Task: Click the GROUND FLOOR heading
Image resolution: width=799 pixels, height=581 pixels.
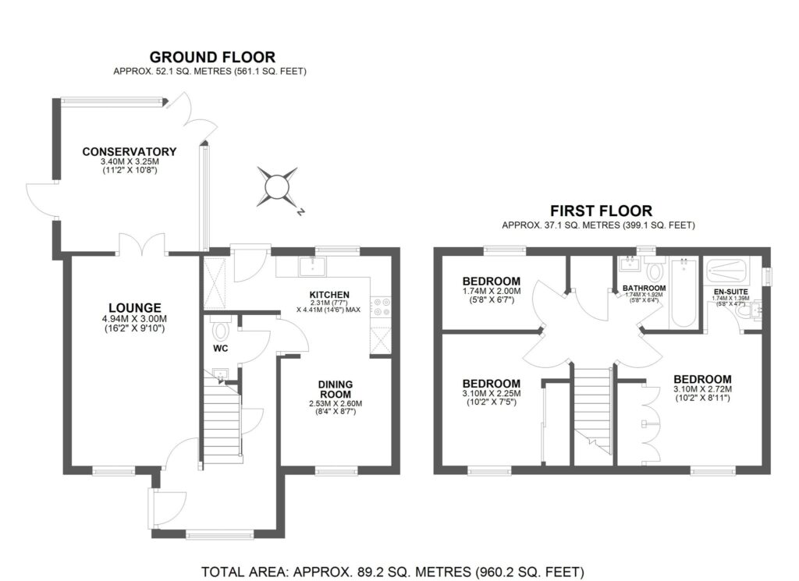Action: click(212, 56)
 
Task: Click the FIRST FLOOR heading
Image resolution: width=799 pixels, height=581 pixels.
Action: click(601, 210)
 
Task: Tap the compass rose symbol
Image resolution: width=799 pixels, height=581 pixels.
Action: click(277, 188)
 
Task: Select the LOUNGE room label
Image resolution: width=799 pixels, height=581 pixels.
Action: click(135, 307)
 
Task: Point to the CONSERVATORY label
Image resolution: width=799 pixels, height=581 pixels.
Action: click(130, 151)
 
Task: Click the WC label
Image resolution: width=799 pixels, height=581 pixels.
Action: click(220, 348)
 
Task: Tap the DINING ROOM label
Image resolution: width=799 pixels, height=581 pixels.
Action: click(336, 388)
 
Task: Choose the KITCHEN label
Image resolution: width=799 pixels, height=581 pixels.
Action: click(329, 294)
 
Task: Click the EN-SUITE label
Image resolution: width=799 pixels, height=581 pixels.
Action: click(732, 291)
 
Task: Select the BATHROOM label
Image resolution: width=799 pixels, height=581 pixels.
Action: click(644, 289)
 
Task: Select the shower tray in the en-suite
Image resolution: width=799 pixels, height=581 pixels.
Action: click(731, 272)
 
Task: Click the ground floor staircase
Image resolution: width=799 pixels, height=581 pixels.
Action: click(219, 421)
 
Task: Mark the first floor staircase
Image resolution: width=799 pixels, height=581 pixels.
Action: click(591, 406)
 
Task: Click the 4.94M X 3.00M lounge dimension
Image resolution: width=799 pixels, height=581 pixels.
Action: click(135, 320)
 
